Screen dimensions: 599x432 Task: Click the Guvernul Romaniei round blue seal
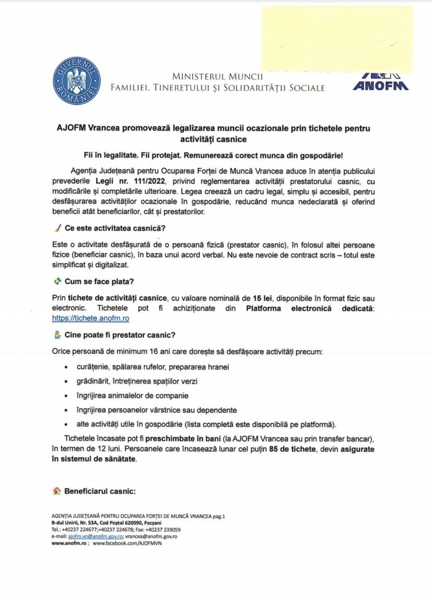[76, 81]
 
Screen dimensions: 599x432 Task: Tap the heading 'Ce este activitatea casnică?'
[116, 228]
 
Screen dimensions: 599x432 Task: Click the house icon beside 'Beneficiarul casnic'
[57, 491]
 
